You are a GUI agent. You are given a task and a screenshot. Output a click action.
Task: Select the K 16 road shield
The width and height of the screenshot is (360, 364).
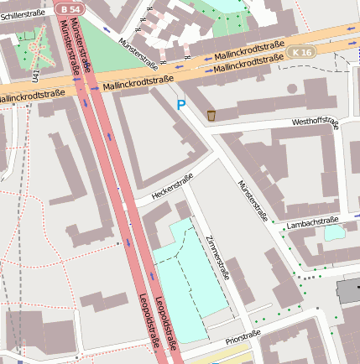[x=302, y=52]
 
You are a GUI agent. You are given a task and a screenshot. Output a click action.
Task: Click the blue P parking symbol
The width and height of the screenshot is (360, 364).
[x=180, y=105]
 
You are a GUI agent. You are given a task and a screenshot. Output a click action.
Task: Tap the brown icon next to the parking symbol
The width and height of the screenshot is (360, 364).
[x=211, y=115]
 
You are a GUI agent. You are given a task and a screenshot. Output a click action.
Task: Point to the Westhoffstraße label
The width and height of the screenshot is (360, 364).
[x=315, y=122]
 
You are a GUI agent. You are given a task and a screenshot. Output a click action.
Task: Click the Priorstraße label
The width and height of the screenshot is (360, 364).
[x=243, y=340]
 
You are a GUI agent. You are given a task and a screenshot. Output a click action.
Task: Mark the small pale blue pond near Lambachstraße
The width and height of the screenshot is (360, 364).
[x=333, y=232]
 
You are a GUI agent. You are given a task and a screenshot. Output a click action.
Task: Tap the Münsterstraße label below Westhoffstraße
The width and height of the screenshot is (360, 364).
[x=253, y=201]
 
